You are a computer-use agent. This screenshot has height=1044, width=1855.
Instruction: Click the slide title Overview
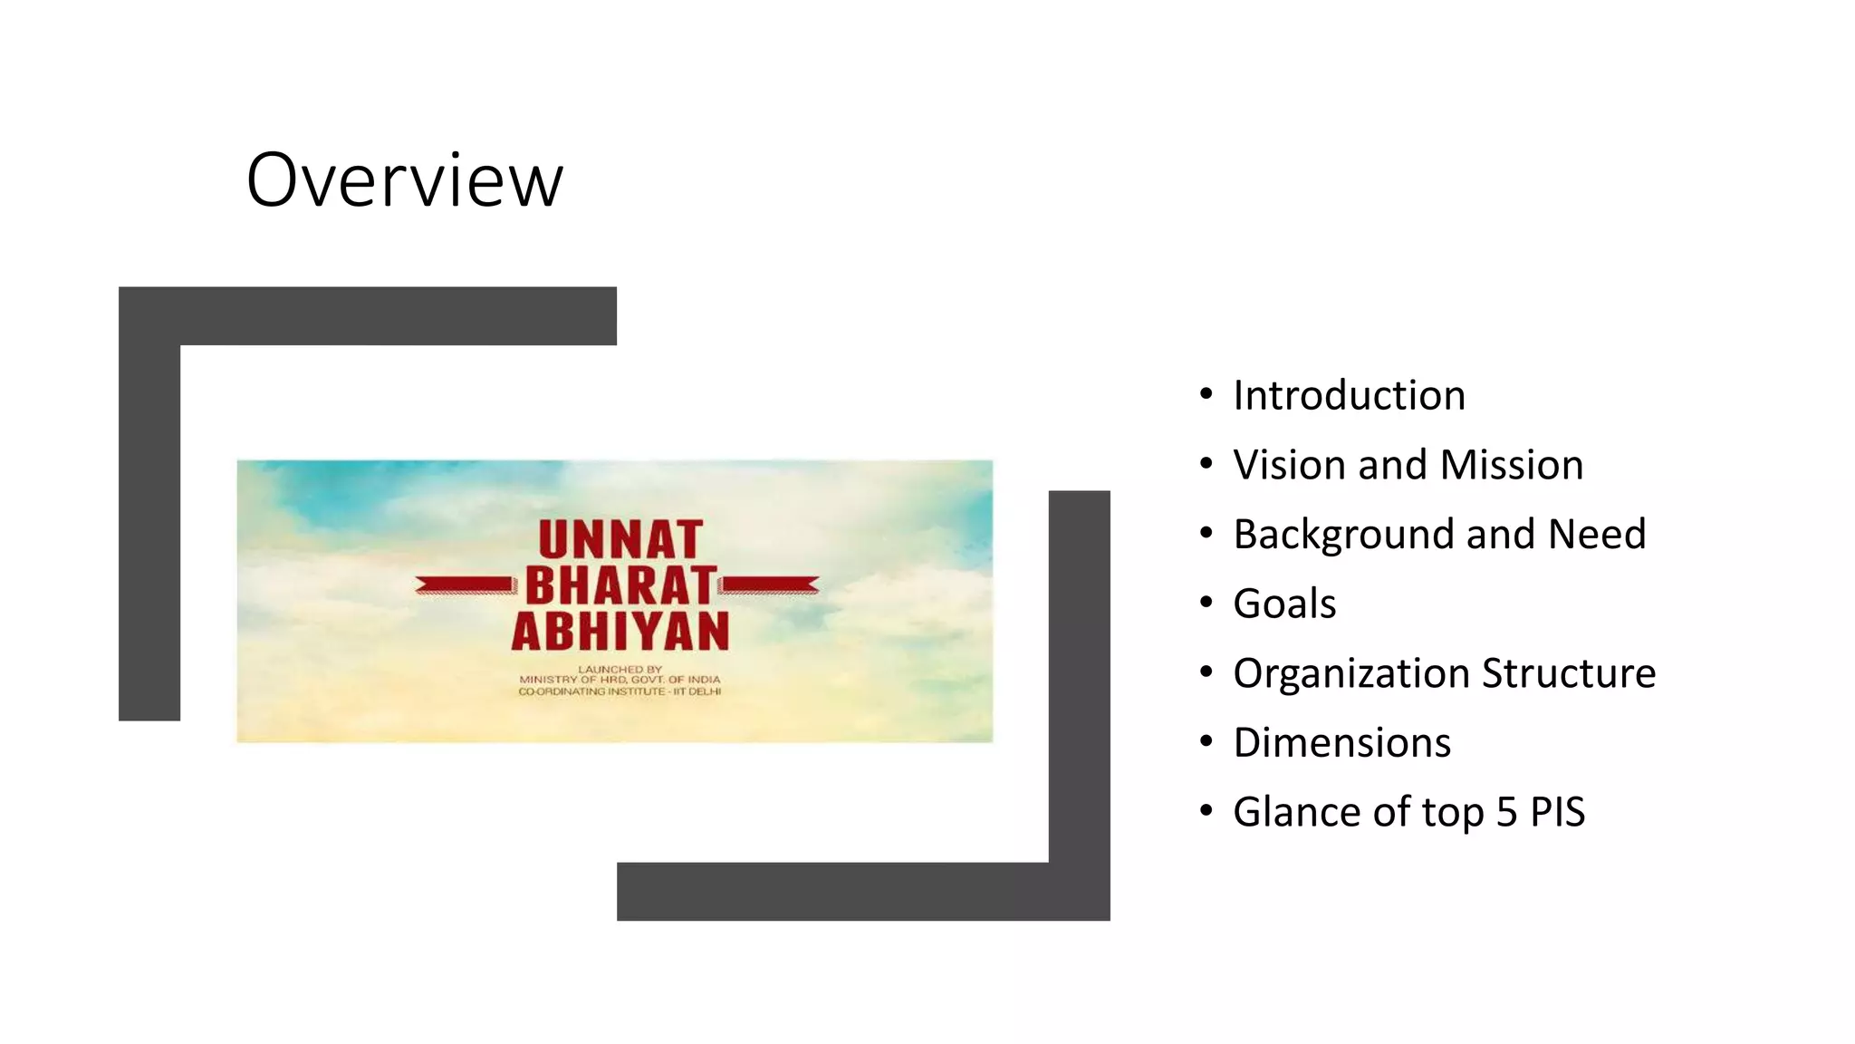(404, 180)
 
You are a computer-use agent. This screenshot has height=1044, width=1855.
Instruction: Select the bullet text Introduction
(1349, 396)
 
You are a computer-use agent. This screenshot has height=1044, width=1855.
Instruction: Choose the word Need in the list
(1596, 535)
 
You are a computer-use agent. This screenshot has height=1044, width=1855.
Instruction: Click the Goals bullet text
(1284, 604)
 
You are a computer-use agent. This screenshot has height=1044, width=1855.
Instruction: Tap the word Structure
(1569, 673)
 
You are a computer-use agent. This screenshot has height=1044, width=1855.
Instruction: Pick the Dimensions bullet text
(1341, 743)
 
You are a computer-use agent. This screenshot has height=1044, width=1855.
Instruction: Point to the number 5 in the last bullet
(1506, 812)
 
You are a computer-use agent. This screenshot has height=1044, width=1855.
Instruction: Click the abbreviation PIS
(1557, 812)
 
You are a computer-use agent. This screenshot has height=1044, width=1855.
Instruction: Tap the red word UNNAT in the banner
(620, 540)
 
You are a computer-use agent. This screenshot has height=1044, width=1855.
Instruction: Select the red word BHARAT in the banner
(620, 585)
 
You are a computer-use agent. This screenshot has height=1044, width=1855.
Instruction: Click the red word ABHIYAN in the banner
(620, 632)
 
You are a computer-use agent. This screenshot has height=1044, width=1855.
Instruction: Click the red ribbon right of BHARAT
(770, 585)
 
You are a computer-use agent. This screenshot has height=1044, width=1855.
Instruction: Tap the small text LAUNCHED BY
(620, 669)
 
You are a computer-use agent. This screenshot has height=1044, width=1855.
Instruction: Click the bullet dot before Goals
(1206, 603)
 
